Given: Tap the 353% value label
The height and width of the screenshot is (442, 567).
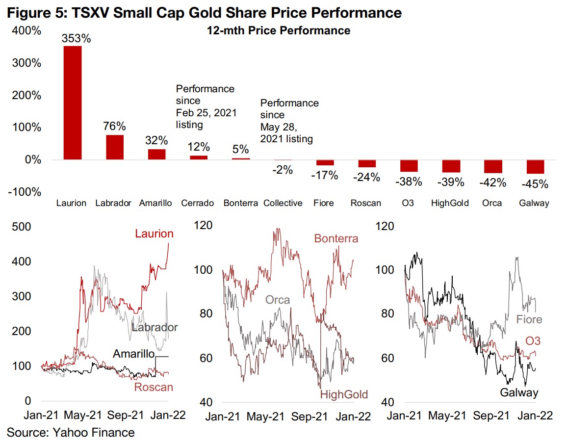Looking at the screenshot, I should click(x=76, y=38).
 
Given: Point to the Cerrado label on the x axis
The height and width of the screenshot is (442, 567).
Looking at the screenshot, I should click(x=197, y=203).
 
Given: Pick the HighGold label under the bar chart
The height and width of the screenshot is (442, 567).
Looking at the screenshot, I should click(x=450, y=203).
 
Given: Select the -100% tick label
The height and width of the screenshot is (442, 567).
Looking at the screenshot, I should click(x=24, y=192).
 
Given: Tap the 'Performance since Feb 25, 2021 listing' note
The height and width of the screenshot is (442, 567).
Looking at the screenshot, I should click(x=206, y=107).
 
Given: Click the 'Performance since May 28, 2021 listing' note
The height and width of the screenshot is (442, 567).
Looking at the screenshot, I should click(x=289, y=121).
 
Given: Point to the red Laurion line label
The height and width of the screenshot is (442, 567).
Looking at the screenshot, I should click(x=154, y=234).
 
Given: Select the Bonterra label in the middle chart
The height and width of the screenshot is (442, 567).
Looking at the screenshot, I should click(x=336, y=239).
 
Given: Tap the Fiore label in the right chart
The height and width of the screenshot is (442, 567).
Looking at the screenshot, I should click(x=529, y=320).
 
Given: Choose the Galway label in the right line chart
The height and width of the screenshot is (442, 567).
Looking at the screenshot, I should click(x=519, y=392).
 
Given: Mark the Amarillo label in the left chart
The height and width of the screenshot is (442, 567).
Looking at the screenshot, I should click(x=134, y=354).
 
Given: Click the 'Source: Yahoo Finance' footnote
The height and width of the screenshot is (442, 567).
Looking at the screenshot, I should click(x=71, y=432).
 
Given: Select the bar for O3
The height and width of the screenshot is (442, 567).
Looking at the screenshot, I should click(x=409, y=166).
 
